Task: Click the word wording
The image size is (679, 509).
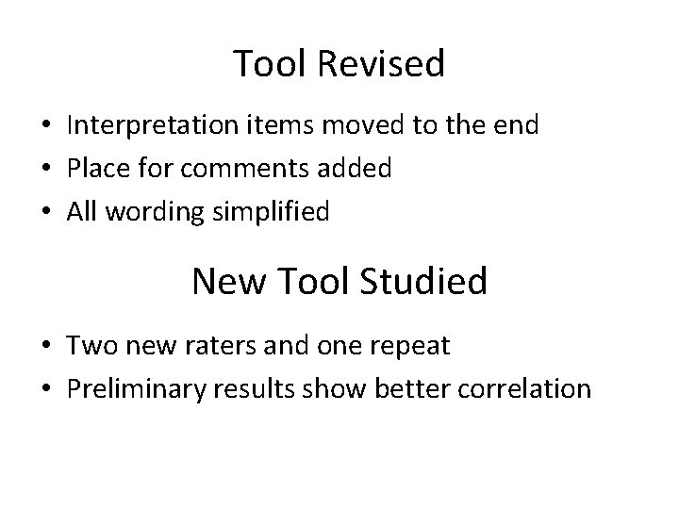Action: pyautogui.click(x=149, y=213)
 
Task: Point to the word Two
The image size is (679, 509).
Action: pyautogui.click(x=89, y=346)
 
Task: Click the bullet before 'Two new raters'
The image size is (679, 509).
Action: pyautogui.click(x=45, y=347)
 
